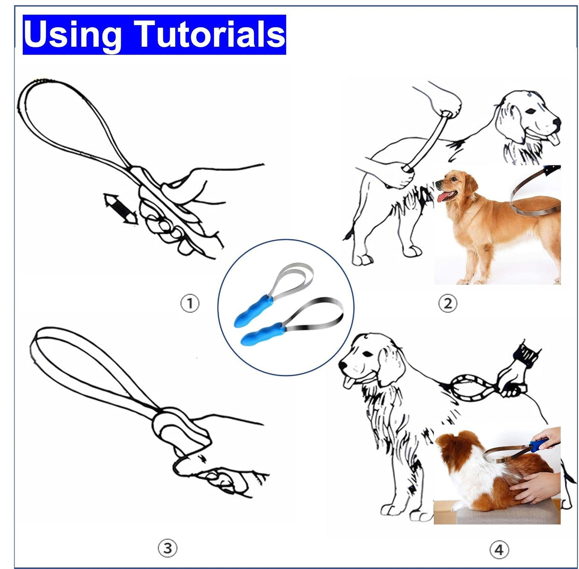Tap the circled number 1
pyautogui.click(x=190, y=303)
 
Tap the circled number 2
pyautogui.click(x=448, y=303)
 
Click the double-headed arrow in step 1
pyautogui.click(x=121, y=209)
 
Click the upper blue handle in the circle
pyautogui.click(x=253, y=311)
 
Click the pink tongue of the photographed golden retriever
pyautogui.click(x=444, y=196)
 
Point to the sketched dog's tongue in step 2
pyautogui.click(x=555, y=138)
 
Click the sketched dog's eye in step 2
pyautogui.click(x=531, y=111)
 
